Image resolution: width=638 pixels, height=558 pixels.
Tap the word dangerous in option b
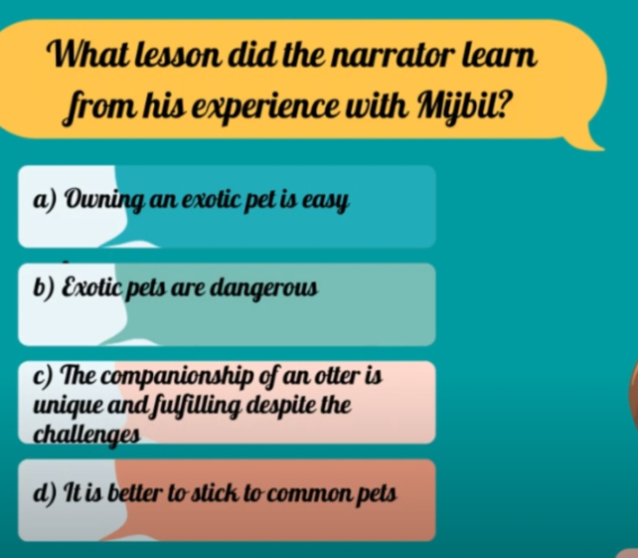coord(265,288)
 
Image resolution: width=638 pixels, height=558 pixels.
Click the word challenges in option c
coord(86,436)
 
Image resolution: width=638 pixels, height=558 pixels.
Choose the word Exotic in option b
coord(91,288)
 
